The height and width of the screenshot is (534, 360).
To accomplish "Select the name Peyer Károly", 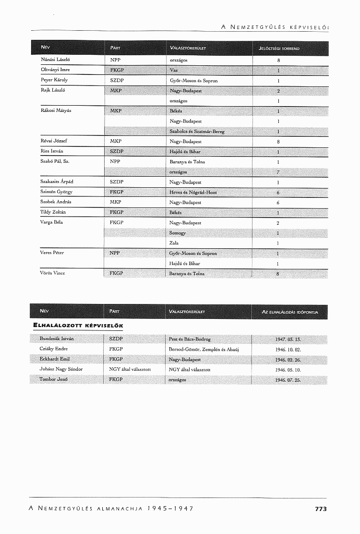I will (54, 80).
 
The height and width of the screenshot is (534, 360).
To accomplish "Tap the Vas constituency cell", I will (174, 70).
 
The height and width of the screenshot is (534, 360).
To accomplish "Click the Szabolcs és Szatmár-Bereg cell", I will (197, 132).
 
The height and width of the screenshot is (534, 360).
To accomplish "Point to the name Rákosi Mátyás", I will (54, 111).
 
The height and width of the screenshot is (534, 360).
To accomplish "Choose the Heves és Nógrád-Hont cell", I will (193, 192).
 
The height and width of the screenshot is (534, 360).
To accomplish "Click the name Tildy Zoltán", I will (53, 212).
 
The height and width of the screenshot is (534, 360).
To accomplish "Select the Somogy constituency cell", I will (178, 233).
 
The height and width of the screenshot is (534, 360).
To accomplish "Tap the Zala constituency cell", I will (174, 243).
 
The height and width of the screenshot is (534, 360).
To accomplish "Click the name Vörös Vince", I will (52, 273).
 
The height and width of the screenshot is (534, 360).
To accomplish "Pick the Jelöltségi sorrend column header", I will (279, 49).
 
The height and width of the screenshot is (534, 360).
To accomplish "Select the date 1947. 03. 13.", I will (288, 339).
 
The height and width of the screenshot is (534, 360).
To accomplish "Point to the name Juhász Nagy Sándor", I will (61, 369).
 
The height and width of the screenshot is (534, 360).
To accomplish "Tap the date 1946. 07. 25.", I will (288, 380).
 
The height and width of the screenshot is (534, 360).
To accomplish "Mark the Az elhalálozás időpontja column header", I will (290, 312).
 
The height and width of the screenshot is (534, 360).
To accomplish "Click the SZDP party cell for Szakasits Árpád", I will (117, 182).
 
